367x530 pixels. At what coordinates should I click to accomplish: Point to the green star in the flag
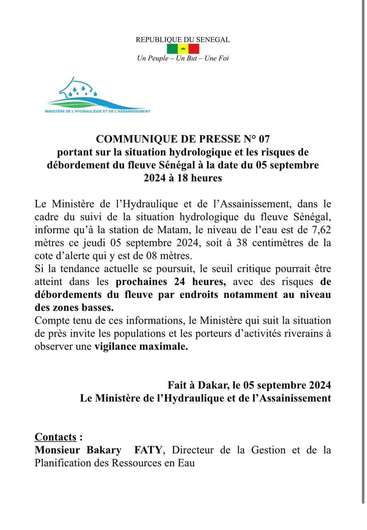[183, 49]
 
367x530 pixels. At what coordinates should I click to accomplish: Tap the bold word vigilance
[116, 347]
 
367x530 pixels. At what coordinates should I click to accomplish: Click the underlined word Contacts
[56, 437]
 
